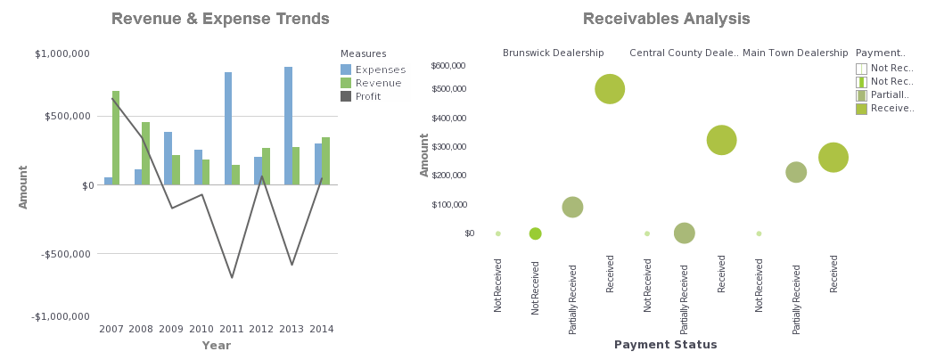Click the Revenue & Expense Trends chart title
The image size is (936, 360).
pyautogui.click(x=220, y=19)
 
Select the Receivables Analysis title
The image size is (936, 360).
pyautogui.click(x=666, y=19)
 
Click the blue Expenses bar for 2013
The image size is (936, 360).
pyautogui.click(x=288, y=126)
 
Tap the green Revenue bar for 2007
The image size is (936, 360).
pyautogui.click(x=116, y=137)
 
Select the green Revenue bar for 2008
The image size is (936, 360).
pyautogui.click(x=145, y=153)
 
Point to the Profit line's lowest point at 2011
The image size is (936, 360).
pyautogui.click(x=232, y=277)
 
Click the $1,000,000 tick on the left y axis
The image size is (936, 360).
pyautogui.click(x=62, y=53)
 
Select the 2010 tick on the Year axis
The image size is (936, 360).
pyautogui.click(x=201, y=330)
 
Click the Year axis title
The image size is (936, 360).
pyautogui.click(x=216, y=345)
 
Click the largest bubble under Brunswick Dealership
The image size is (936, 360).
pyautogui.click(x=610, y=88)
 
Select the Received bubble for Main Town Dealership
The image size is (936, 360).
pyautogui.click(x=833, y=157)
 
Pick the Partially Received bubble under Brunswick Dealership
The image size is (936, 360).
pyautogui.click(x=572, y=207)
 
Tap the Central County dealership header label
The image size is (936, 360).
pyautogui.click(x=684, y=53)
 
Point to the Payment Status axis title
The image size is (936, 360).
pyautogui.click(x=665, y=345)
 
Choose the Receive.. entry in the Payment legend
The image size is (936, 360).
pyautogui.click(x=892, y=108)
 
